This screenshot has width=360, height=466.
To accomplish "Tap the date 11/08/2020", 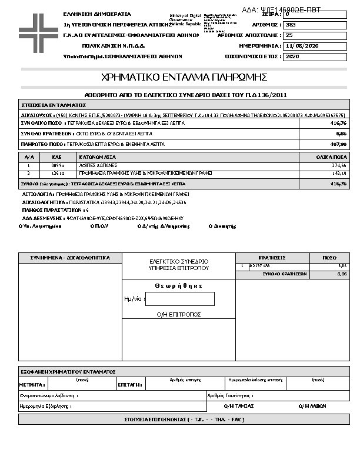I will pos(302,46).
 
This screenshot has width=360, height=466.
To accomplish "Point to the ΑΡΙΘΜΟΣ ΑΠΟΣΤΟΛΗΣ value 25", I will pos(289,35).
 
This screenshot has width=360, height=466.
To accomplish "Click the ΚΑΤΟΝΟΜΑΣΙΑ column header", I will pos(97,158).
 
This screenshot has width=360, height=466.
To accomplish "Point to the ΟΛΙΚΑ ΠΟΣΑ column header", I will pos(331,158).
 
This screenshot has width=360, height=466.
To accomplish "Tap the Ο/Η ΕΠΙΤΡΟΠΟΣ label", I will pos(179,314).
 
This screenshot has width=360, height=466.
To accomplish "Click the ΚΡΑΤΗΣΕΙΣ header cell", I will pos(272,258).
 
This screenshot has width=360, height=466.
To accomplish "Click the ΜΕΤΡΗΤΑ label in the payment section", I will pos(30,384).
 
